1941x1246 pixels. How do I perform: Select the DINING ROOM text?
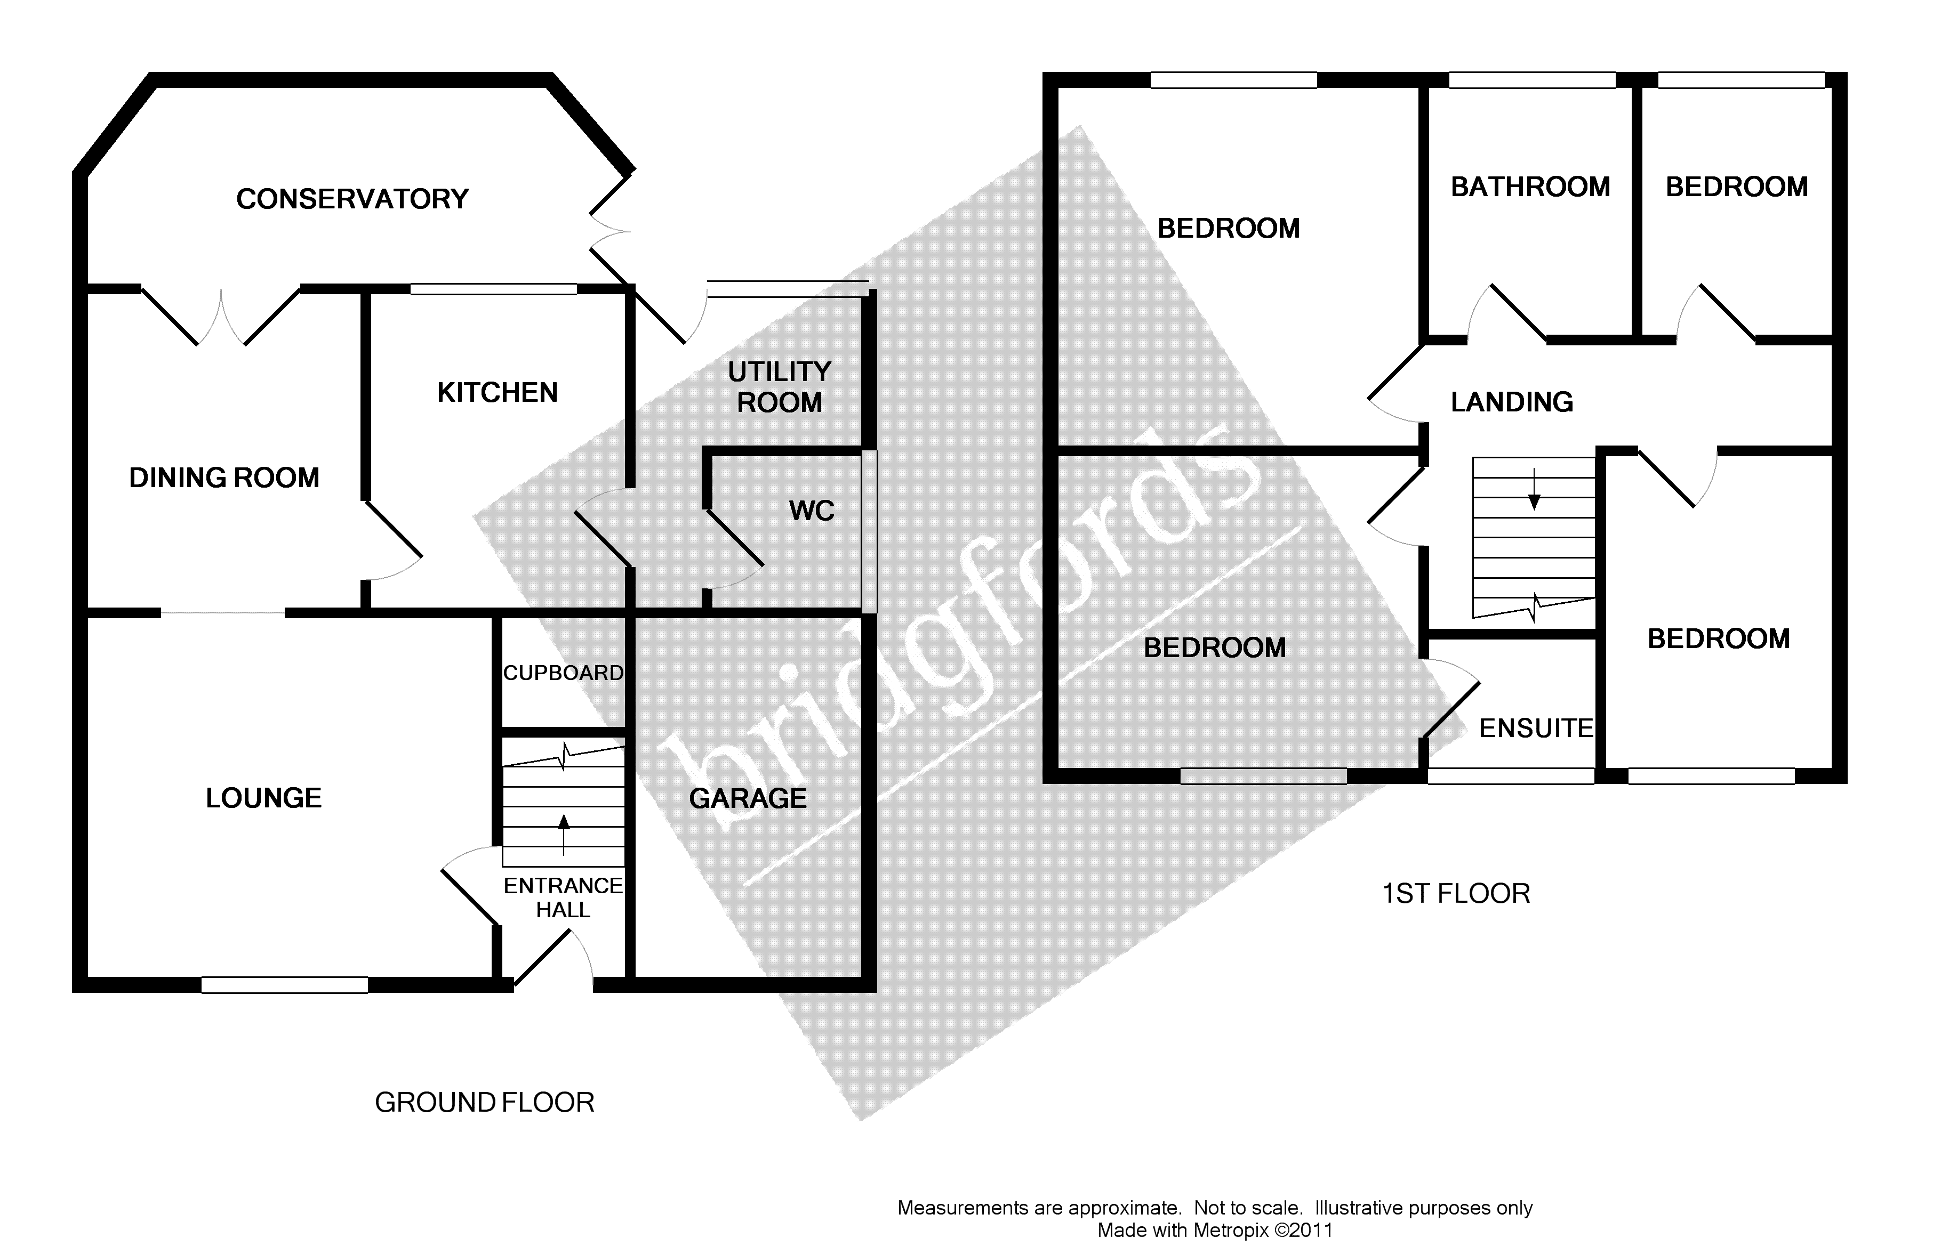(x=224, y=478)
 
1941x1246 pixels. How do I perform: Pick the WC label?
(x=811, y=511)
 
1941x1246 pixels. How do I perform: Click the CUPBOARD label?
(x=563, y=673)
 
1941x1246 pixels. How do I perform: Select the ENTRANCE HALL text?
(x=563, y=897)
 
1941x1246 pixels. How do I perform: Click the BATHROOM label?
(x=1530, y=187)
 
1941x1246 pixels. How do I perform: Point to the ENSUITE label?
(x=1536, y=728)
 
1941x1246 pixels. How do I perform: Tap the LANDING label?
(x=1511, y=402)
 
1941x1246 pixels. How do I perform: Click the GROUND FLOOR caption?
(x=484, y=1102)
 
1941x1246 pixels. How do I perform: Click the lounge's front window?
(x=284, y=985)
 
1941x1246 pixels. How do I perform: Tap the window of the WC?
(x=869, y=531)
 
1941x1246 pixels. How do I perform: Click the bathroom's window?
(x=1531, y=80)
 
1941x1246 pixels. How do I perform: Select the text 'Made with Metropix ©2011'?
(x=1214, y=1231)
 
